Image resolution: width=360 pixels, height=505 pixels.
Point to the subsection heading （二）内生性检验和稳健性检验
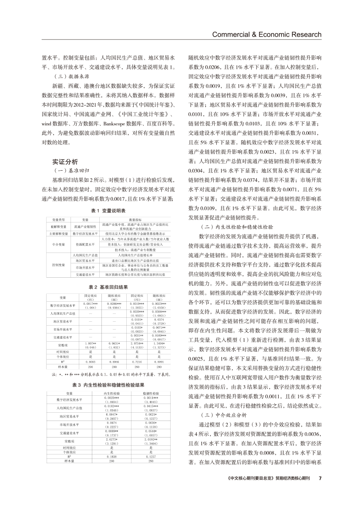click(236, 227)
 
